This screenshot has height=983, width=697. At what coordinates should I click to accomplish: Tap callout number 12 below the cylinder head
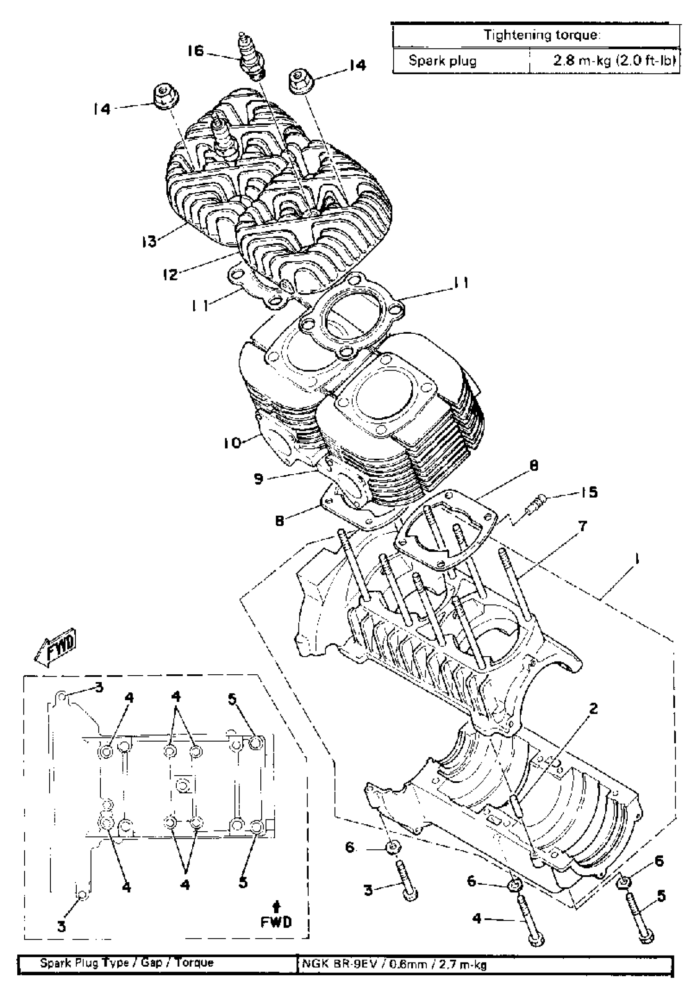(x=171, y=274)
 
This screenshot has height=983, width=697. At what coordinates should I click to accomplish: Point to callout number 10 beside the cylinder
(x=232, y=442)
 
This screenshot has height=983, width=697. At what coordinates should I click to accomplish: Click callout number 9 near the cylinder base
(x=258, y=479)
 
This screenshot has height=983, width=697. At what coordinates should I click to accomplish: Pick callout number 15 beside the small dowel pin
(x=589, y=492)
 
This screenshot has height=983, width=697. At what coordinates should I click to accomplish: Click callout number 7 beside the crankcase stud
(x=583, y=526)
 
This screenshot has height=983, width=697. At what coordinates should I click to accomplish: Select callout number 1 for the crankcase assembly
(x=637, y=559)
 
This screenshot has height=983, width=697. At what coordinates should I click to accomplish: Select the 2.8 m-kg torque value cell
(x=614, y=61)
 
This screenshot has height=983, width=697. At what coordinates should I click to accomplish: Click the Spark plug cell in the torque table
(x=442, y=61)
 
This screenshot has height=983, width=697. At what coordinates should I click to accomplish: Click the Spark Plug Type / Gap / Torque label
(x=127, y=963)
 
